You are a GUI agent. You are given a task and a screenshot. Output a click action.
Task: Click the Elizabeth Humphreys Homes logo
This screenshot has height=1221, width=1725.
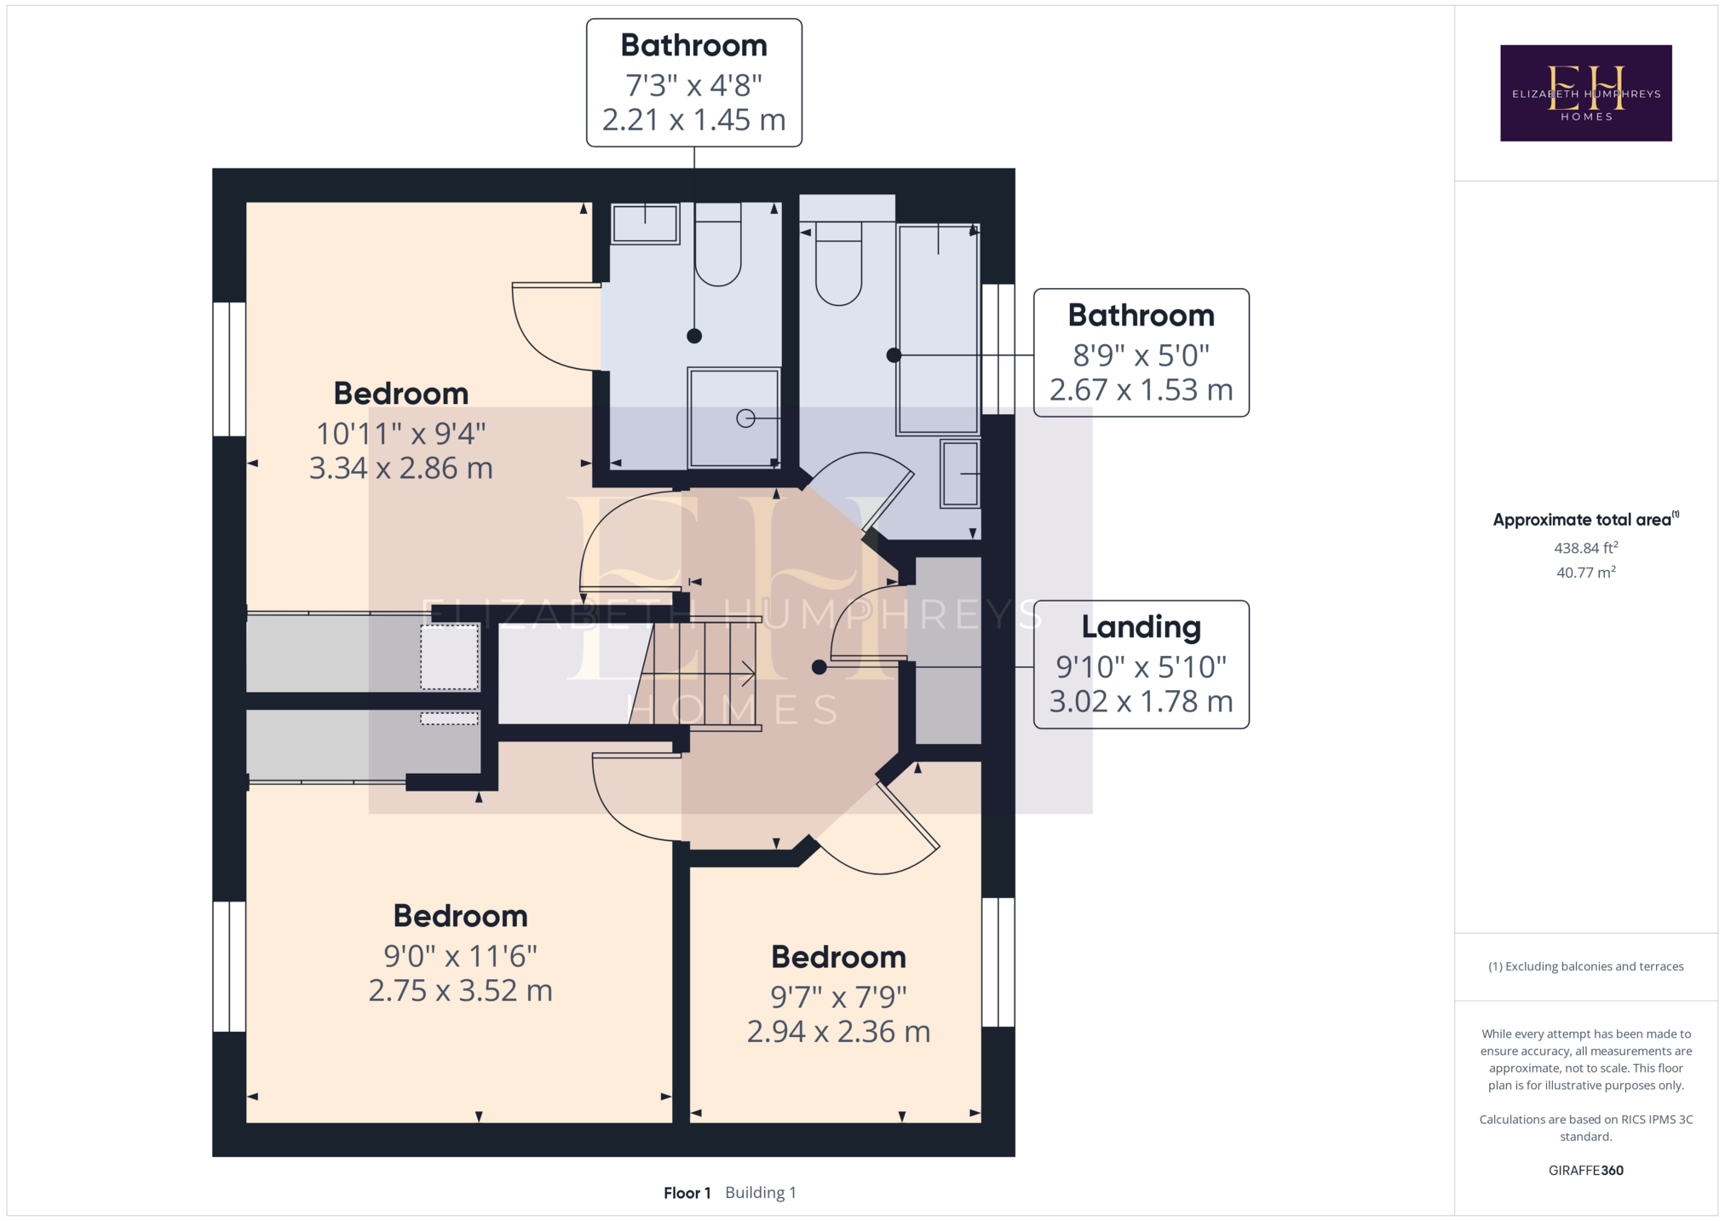(1585, 93)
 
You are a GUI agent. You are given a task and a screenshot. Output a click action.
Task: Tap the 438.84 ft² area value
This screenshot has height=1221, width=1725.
(1585, 548)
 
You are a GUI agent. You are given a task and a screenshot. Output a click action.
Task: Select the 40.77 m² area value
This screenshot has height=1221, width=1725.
(1585, 572)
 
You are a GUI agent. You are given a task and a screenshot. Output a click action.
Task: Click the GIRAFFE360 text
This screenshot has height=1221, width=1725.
(1585, 1170)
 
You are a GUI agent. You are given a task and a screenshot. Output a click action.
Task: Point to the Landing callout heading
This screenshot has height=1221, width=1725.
(1141, 627)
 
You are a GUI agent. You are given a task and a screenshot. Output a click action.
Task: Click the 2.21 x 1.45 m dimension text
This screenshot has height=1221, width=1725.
(693, 120)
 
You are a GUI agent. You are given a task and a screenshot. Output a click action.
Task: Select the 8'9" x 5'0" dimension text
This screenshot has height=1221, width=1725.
(1141, 355)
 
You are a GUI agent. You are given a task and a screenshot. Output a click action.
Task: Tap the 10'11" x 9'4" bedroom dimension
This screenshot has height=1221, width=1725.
(400, 434)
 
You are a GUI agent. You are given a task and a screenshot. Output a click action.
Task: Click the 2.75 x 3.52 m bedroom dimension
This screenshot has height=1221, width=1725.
(460, 991)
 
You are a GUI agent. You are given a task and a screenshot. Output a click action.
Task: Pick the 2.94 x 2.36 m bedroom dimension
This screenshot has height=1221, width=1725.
(838, 1032)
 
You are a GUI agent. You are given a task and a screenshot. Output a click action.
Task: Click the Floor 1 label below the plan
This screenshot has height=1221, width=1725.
(687, 1193)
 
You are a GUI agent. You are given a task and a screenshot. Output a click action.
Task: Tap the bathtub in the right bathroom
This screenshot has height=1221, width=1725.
(938, 329)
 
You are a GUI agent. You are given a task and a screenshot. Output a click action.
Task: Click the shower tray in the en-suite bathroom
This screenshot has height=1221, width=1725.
(733, 418)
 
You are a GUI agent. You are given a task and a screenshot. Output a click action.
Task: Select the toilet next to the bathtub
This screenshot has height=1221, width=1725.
(838, 263)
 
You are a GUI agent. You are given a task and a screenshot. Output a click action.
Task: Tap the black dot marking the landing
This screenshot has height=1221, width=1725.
(819, 667)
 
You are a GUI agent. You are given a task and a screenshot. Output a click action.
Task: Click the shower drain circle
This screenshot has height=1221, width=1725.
(745, 418)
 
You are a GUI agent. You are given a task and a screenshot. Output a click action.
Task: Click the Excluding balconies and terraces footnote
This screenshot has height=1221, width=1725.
(1585, 966)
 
